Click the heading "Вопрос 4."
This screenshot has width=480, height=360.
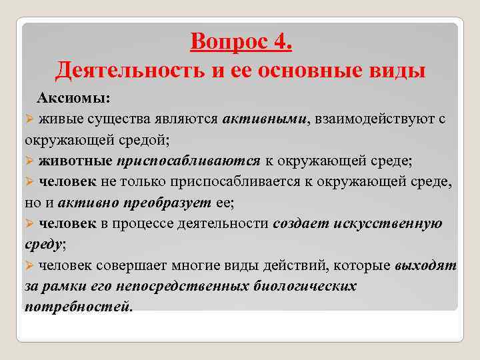coord(241,41)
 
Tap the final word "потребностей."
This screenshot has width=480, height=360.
coord(79,307)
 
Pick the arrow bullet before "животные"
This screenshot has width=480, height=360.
coord(29,162)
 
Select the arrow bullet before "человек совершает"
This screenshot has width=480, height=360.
coord(29,265)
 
